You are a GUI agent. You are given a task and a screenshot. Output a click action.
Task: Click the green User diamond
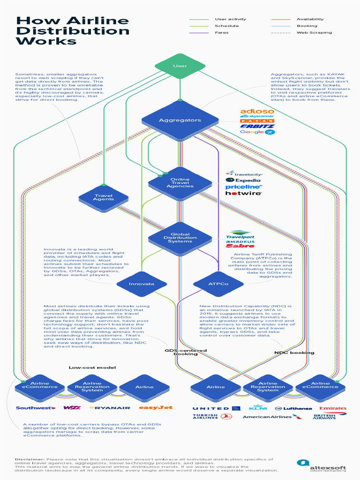click(x=180, y=66)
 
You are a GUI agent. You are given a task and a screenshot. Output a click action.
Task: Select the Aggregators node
click(x=180, y=120)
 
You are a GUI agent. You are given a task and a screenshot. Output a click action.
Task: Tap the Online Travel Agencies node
click(x=180, y=183)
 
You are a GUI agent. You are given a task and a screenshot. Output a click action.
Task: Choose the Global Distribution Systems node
click(x=180, y=238)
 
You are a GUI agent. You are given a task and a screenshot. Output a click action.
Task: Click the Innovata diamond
click(x=141, y=284)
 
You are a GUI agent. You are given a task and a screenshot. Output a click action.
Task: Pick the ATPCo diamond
click(x=218, y=284)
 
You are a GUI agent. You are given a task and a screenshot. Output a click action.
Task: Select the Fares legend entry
click(x=222, y=32)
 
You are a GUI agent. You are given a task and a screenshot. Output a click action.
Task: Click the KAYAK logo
click(x=256, y=121)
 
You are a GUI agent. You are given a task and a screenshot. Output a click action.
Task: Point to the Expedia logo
click(x=243, y=180)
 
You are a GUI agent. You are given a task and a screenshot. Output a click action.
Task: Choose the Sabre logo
click(x=240, y=246)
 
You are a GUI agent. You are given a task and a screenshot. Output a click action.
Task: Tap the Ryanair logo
click(x=110, y=408)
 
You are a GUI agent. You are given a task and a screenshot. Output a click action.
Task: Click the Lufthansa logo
click(x=293, y=408)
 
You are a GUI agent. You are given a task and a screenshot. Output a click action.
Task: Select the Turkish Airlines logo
click(x=206, y=416)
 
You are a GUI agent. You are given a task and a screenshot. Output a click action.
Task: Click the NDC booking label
click(x=294, y=352)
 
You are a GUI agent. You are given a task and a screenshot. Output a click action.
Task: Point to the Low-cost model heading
click(x=92, y=367)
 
